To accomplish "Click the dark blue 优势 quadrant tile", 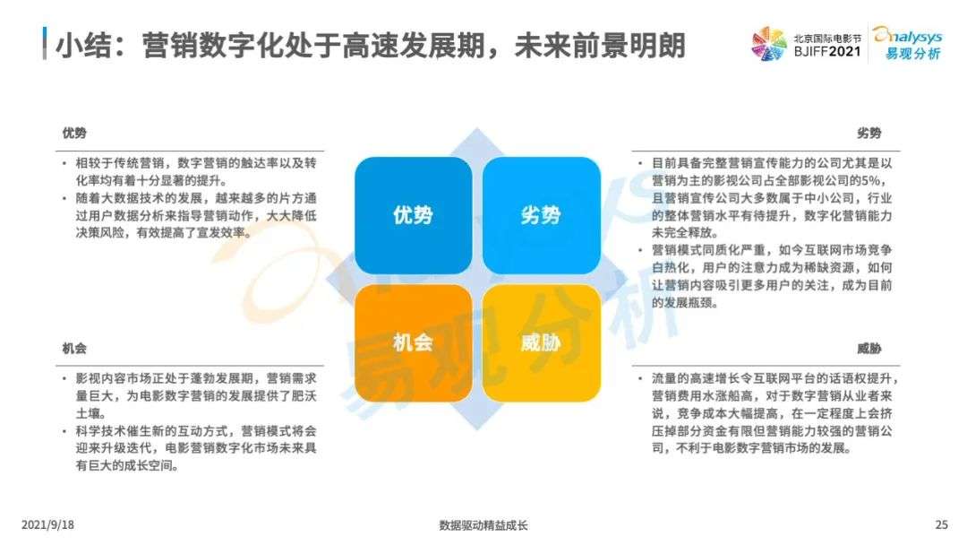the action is pos(413,215).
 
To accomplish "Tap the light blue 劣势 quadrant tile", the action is pos(542,215).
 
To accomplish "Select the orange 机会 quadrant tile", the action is pos(413,343).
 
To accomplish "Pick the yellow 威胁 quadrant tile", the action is pos(542,343).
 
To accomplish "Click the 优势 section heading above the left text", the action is pos(74,134).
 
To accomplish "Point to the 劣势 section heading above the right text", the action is pos(869,134).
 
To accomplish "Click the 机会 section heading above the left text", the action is pos(74,349).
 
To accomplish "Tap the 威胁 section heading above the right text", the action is pos(869,349).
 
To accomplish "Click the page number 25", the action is pos(941,524).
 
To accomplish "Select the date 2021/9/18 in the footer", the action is pos(47,524).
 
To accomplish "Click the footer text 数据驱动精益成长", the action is pos(483,525).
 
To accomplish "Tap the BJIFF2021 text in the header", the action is pos(827,51).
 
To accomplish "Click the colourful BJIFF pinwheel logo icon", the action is pos(769,44).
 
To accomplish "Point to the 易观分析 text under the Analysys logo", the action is pos(913,54).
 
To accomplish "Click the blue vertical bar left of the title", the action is pos(45,43).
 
